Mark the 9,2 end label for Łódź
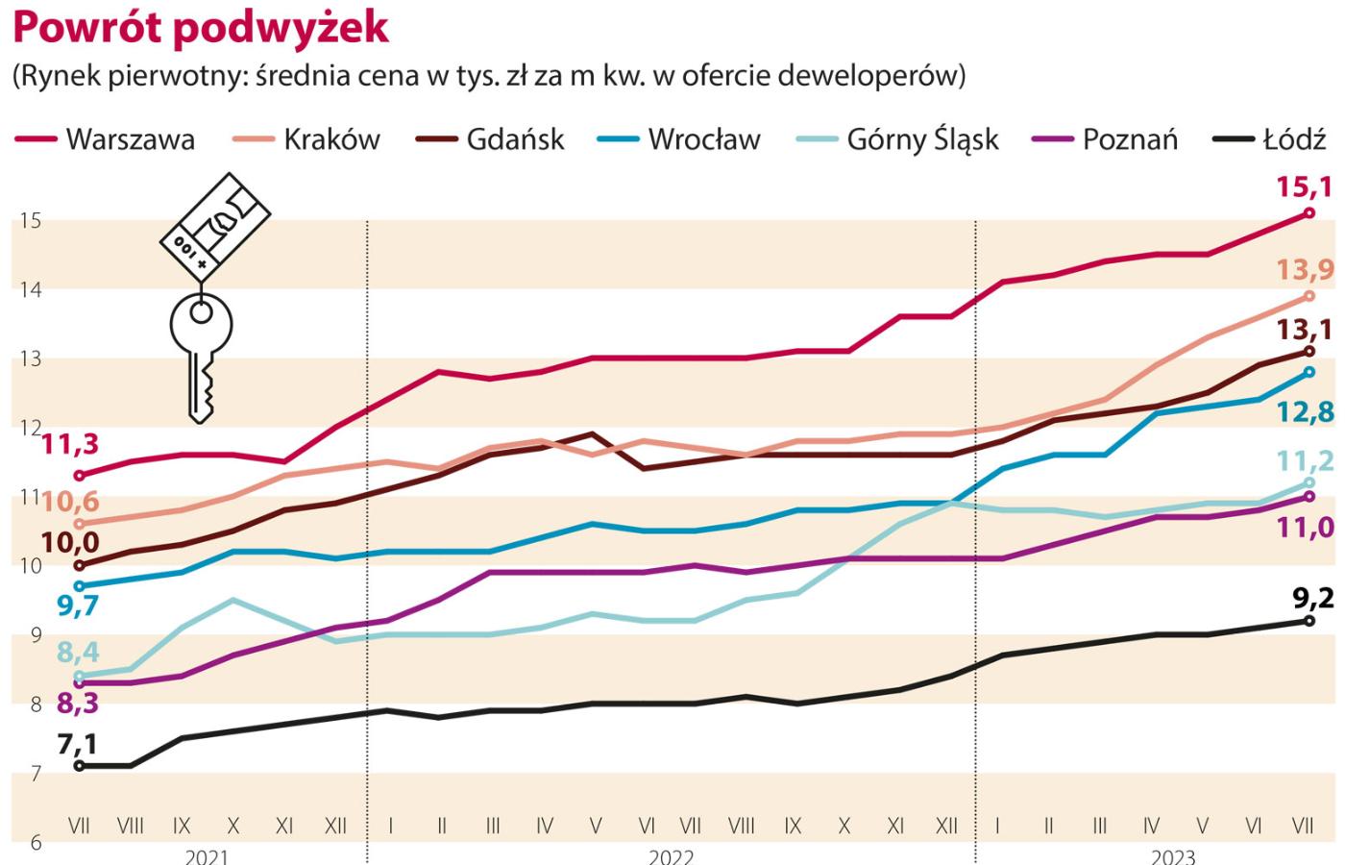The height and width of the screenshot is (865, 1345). coord(1312,598)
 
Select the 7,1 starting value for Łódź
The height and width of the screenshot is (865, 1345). coord(77,743)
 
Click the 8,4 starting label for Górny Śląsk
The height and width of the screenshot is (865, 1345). coord(78,653)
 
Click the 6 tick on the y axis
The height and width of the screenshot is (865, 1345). coord(36,842)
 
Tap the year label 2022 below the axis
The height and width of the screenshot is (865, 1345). coord(670,856)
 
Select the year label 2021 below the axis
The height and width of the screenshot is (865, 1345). coord(206,856)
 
